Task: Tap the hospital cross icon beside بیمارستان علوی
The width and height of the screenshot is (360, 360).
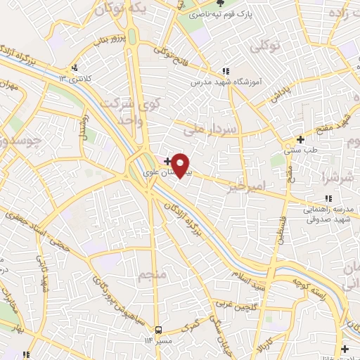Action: point(166,161)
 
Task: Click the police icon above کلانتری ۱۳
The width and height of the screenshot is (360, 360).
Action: point(74,68)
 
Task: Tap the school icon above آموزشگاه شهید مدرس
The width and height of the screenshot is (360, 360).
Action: point(225,71)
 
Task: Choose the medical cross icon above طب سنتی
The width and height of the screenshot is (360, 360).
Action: point(300,139)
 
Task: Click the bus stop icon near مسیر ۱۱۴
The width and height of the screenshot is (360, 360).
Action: point(158,330)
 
